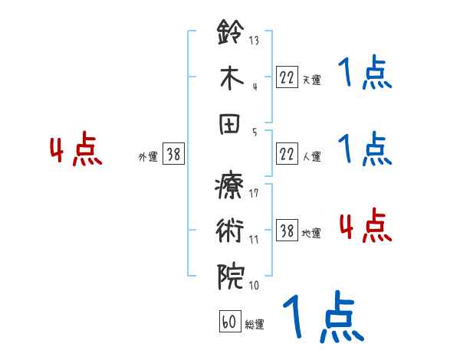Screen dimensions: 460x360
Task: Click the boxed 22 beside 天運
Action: click(287, 77)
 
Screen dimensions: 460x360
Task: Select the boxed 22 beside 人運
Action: click(287, 154)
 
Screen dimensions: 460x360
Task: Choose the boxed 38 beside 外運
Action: click(173, 154)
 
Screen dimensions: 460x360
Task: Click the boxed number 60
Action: click(229, 322)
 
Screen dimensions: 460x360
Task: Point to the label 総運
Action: click(255, 325)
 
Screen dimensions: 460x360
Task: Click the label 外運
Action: click(148, 156)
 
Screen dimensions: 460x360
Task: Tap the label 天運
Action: click(311, 79)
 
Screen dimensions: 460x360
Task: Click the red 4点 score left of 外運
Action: click(76, 151)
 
